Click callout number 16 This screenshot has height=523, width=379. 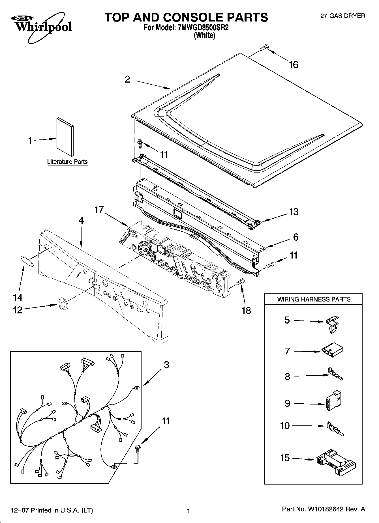pos(294,65)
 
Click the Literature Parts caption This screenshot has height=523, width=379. pos(67,162)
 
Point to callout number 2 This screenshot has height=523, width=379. pos(127,79)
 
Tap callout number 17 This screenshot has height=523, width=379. pos(99,210)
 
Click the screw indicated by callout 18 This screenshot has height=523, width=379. pos(240,281)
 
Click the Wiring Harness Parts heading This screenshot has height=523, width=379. pos(314,299)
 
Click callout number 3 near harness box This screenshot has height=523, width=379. pos(166,365)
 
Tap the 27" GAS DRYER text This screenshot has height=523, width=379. pos(342,16)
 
